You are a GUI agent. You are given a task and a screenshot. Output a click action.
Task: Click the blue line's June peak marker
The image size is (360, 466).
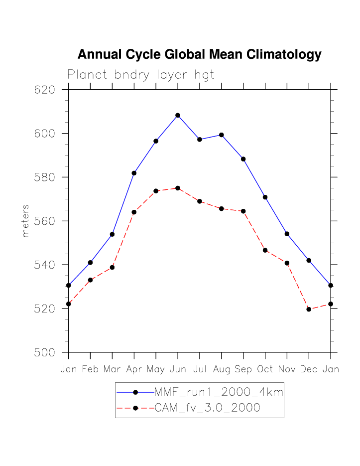tap(178, 115)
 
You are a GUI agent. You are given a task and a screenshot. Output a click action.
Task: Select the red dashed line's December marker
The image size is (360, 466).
tap(309, 309)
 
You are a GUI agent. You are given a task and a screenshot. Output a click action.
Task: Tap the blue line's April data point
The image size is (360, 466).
tap(134, 173)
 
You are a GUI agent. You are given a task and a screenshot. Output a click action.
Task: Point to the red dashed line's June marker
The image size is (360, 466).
tap(178, 188)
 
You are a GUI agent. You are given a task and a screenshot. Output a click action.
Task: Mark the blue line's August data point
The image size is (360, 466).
tap(221, 135)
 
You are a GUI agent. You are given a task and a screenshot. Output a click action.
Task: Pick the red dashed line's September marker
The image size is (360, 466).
tap(243, 211)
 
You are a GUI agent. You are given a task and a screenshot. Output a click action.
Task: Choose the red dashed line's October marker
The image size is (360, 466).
tap(265, 250)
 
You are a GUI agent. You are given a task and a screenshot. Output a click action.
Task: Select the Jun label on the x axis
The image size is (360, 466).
tap(178, 369)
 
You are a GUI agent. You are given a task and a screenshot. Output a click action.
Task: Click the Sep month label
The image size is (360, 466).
tap(243, 369)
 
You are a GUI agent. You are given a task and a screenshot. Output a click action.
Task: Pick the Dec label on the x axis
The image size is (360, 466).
tap(309, 369)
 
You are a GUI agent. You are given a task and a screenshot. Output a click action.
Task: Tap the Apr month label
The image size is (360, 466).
tap(134, 369)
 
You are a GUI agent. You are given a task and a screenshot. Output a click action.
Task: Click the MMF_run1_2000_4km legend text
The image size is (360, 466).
tap(219, 392)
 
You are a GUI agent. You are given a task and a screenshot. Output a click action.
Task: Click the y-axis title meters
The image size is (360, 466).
tap(26, 221)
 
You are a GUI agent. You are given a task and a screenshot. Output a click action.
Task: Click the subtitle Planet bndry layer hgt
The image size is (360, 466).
tap(141, 75)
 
